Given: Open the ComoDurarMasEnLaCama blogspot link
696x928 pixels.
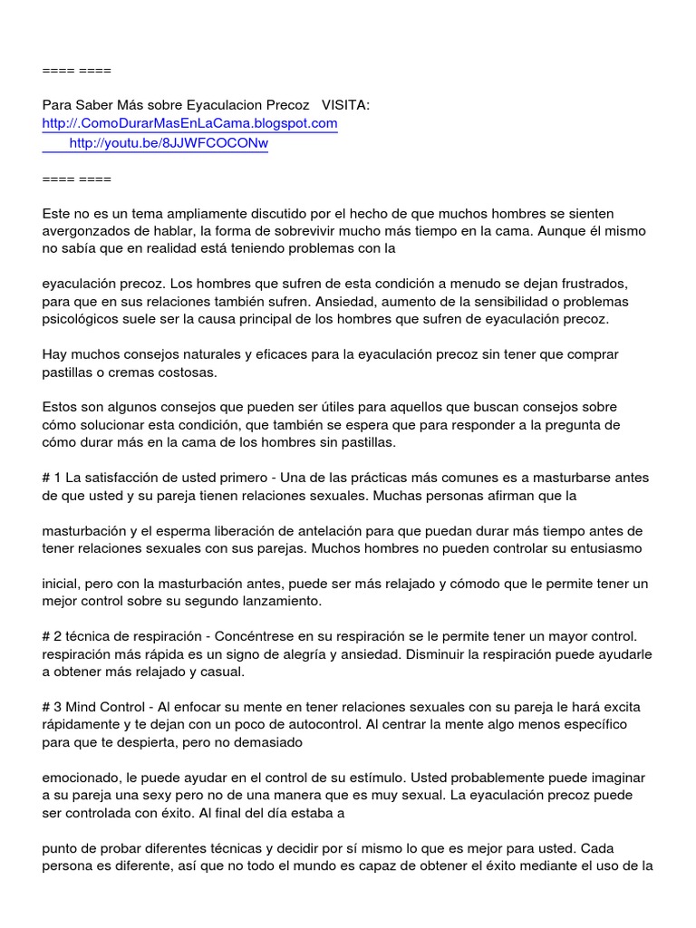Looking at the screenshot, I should click(190, 123).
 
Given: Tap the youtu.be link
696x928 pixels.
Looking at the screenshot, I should click(169, 142).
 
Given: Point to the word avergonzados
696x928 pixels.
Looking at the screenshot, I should click(84, 230).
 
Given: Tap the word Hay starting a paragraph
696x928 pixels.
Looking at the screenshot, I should click(54, 354).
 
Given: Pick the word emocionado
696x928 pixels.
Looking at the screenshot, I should click(82, 778).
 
